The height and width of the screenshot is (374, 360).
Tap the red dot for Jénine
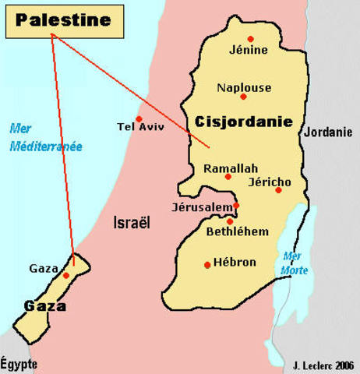click(x=250, y=38)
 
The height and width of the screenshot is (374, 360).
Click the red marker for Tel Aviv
click(x=139, y=118)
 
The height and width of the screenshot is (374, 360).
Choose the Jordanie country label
click(x=327, y=132)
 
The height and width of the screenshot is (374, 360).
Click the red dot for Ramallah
click(x=228, y=177)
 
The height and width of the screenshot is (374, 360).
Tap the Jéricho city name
click(x=269, y=182)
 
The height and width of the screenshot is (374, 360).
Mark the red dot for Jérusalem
click(x=236, y=206)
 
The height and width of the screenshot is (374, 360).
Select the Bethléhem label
click(x=238, y=231)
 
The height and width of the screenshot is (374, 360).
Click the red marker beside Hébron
click(x=207, y=265)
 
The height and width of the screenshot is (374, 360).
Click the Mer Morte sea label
click(x=295, y=263)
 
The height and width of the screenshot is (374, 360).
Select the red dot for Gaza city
click(x=66, y=275)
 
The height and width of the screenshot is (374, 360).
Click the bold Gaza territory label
click(x=44, y=305)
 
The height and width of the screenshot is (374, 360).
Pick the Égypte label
click(x=19, y=363)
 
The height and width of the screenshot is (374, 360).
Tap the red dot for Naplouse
click(x=244, y=97)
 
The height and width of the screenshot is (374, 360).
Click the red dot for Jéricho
click(x=278, y=190)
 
